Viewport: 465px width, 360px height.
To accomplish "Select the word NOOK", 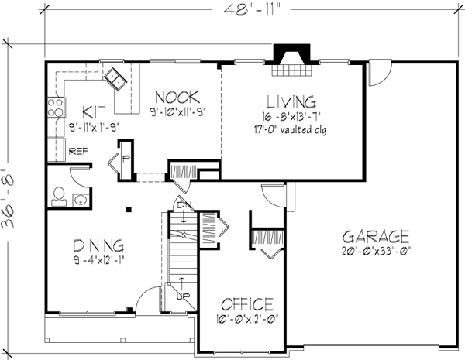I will pyautogui.click(x=177, y=97).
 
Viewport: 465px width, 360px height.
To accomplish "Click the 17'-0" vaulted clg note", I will pyautogui.click(x=291, y=129).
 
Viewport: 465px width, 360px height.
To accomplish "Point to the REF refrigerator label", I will pyautogui.click(x=77, y=152).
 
